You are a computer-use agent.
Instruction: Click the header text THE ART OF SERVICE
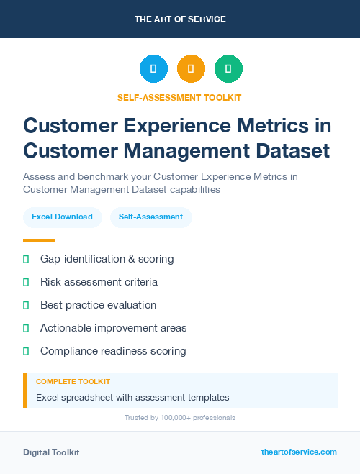pos(180,19)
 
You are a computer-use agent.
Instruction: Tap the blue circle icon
pos(153,69)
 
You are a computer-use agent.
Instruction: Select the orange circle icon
pos(191,69)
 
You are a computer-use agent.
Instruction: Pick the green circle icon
pos(228,69)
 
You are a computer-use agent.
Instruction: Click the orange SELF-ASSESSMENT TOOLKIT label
pos(179,97)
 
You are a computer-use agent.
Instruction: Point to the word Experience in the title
pos(161,125)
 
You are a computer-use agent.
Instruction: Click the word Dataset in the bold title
pos(292,151)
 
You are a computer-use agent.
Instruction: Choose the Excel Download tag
pos(62,217)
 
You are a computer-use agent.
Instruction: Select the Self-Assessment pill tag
pos(150,217)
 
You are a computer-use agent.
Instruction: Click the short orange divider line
pos(39,240)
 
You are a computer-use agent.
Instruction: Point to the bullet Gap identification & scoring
pos(107,258)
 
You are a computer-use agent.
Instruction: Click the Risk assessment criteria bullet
pos(99,282)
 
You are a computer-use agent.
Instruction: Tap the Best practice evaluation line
pos(98,305)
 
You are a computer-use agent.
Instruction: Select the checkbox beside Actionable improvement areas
pos(26,328)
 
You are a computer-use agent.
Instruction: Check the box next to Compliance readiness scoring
pos(26,351)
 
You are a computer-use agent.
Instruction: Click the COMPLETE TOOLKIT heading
pos(73,381)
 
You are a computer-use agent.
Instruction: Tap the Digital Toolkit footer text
pos(51,452)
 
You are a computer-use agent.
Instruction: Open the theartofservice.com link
pos(299,452)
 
